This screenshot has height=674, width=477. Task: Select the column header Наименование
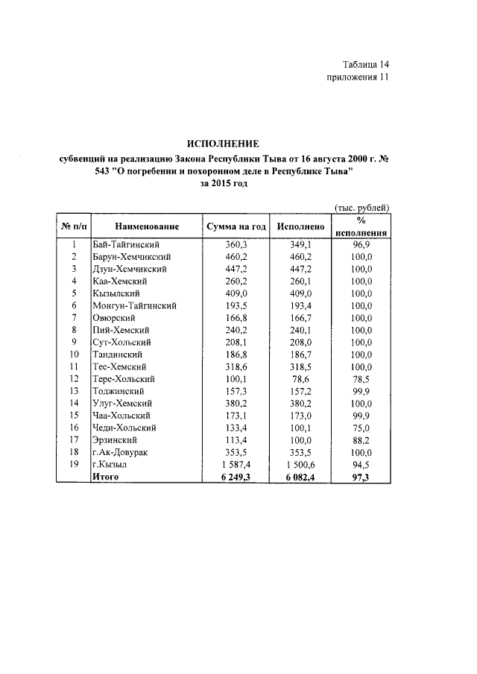147,226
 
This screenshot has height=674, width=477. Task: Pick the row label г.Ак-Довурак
119,452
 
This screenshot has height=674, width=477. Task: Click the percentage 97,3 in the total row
361,476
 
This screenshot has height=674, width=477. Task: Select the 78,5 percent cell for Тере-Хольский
361,378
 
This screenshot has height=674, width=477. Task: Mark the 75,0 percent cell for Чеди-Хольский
361,427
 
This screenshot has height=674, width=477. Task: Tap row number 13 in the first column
74,391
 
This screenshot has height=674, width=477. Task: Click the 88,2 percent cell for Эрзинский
361,439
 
